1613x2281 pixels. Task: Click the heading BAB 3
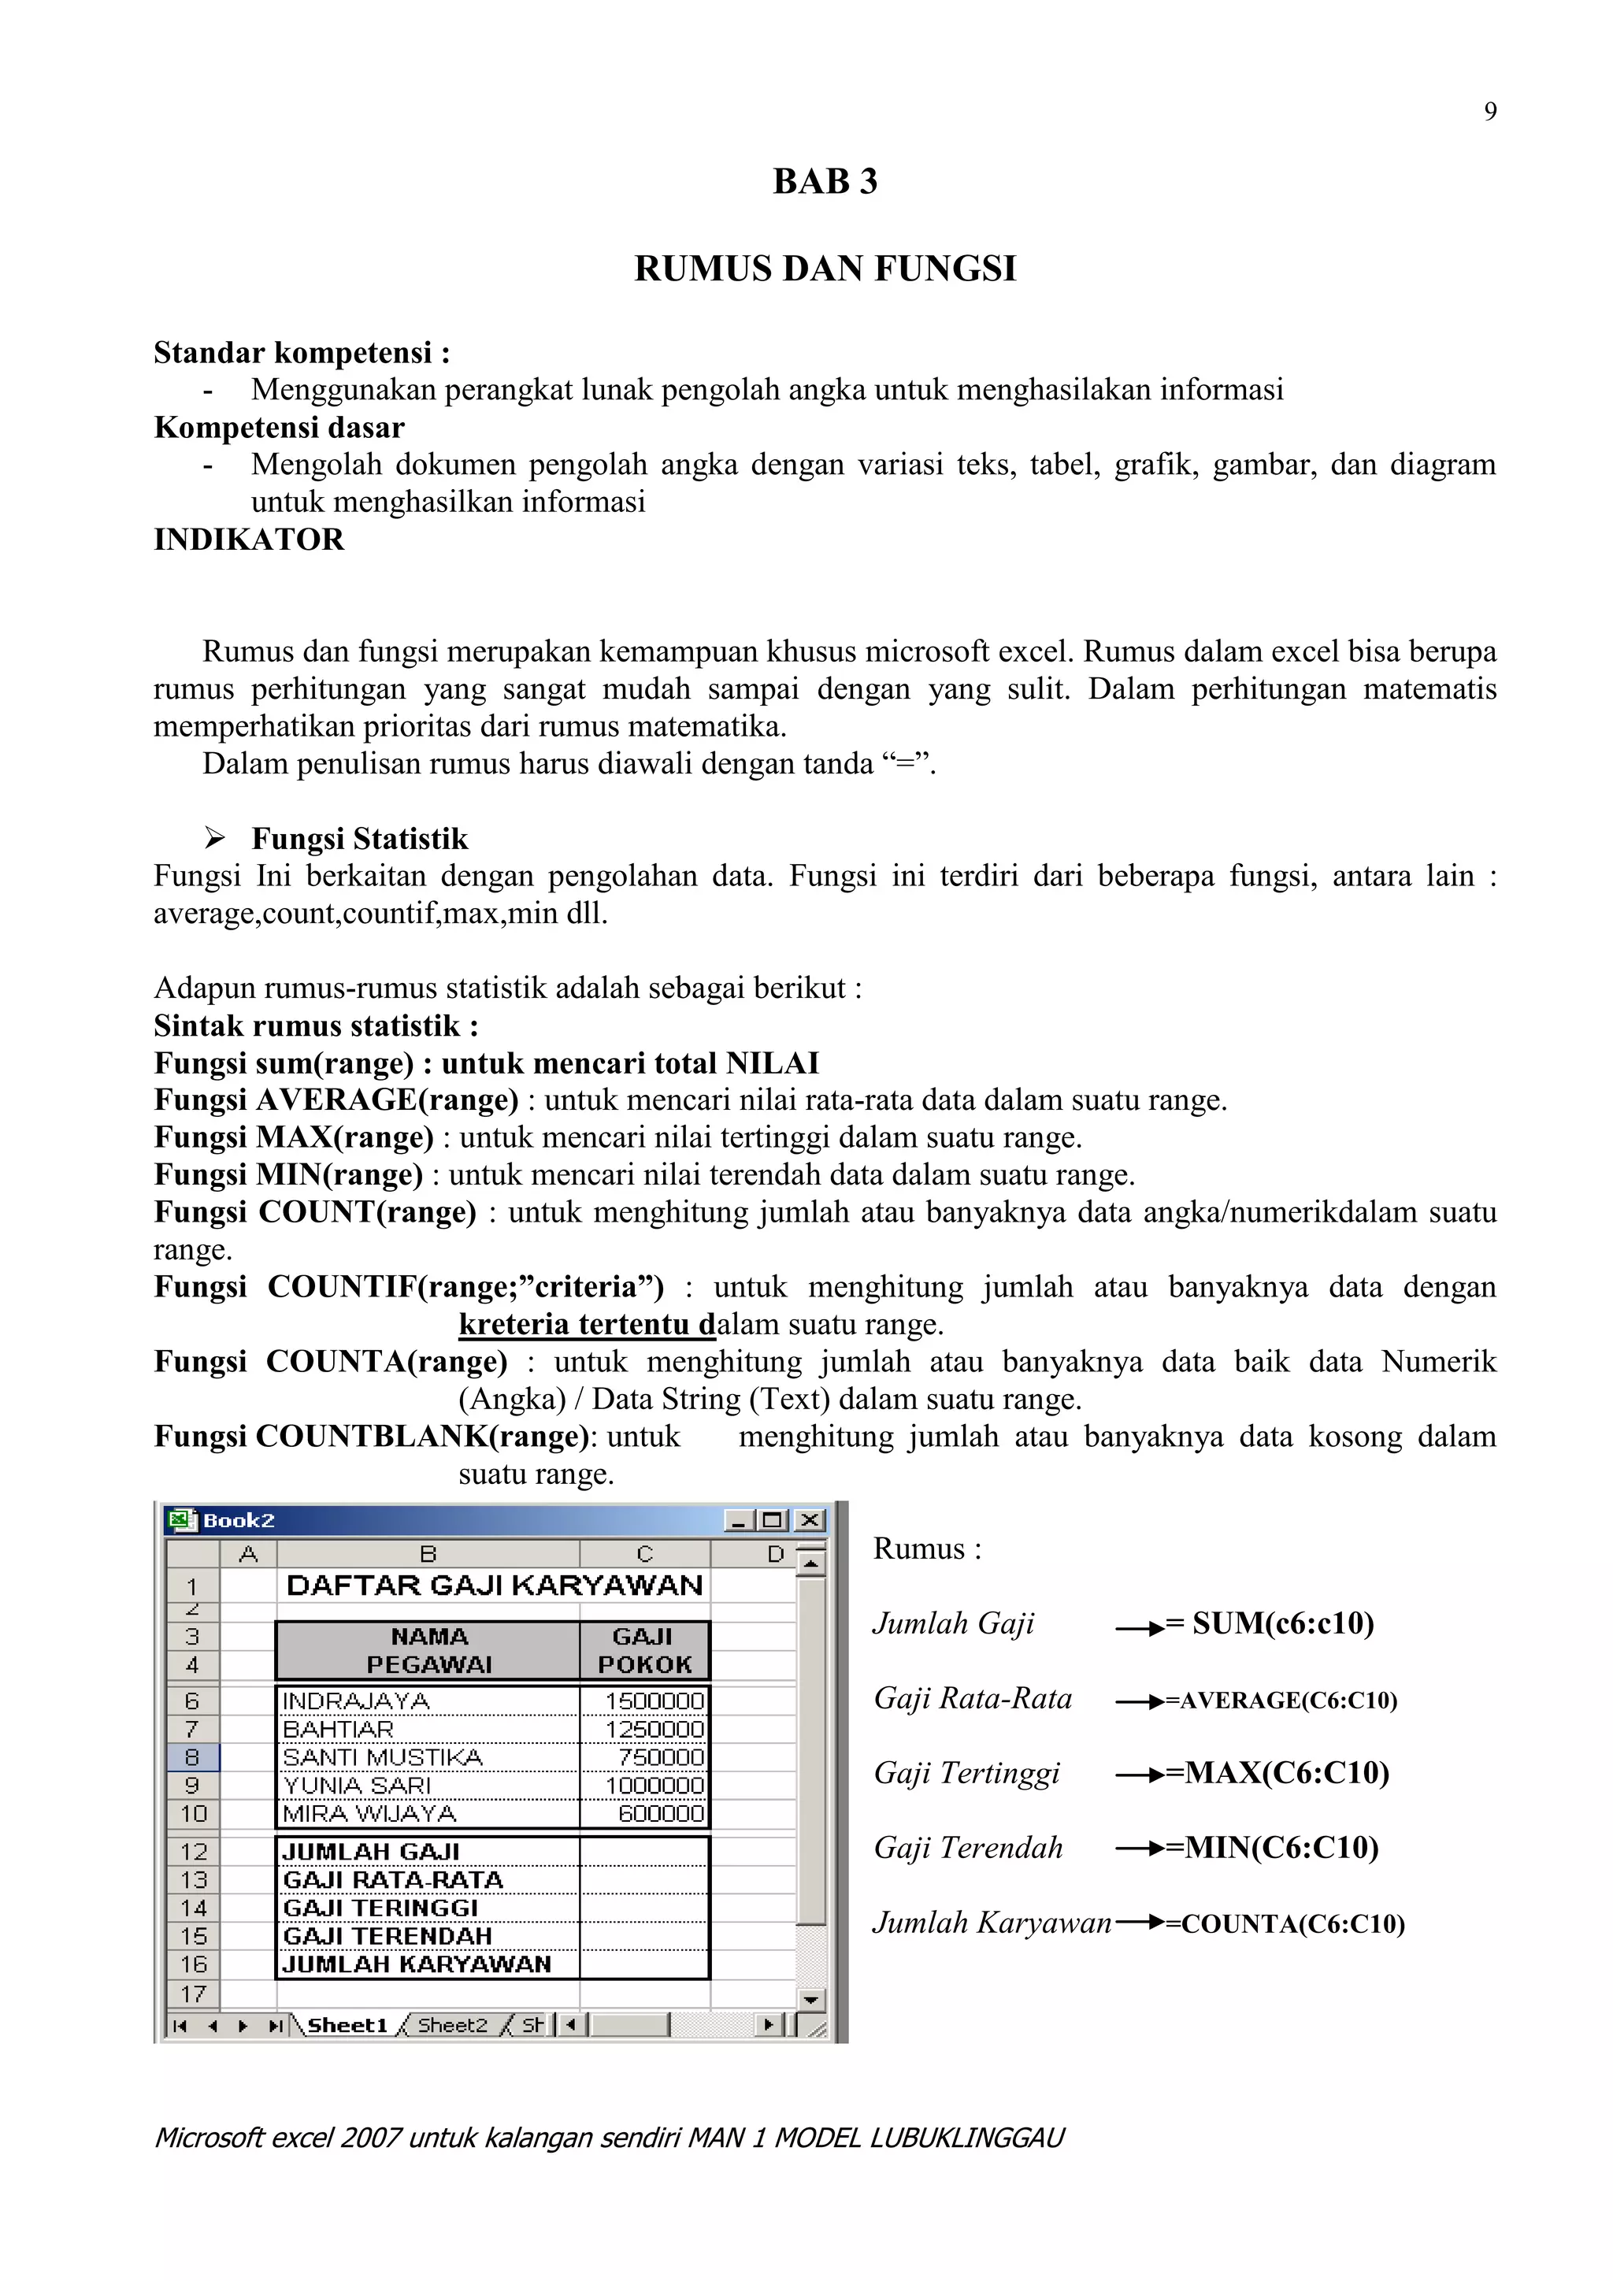click(825, 182)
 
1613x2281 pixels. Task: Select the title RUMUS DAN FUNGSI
click(825, 269)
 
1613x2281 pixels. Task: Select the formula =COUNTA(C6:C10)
click(1285, 1923)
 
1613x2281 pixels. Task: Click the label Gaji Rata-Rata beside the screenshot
click(973, 1698)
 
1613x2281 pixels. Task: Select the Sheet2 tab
click(452, 2025)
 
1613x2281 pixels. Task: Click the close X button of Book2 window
click(810, 1520)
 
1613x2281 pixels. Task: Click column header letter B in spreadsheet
click(428, 1554)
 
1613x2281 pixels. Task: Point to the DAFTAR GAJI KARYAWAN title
click(494, 1586)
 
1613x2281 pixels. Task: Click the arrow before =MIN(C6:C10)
click(1139, 1849)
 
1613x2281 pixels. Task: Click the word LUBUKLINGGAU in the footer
click(966, 2138)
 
